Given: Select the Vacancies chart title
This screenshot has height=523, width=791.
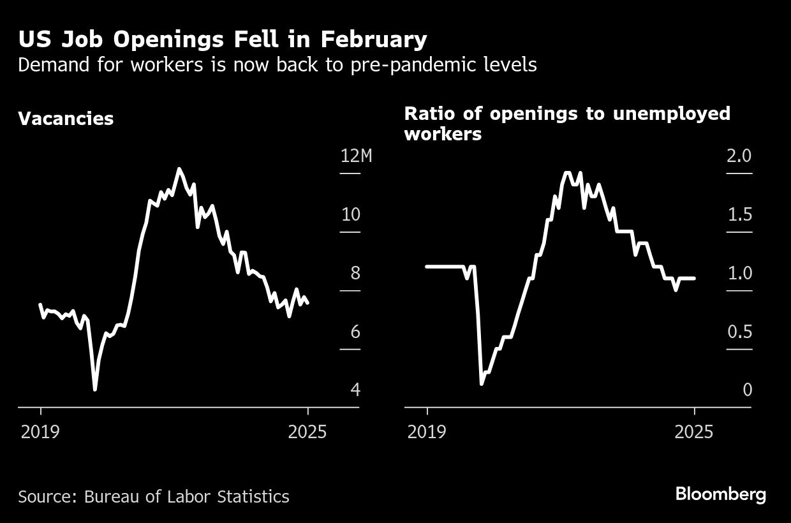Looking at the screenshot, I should pyautogui.click(x=66, y=119).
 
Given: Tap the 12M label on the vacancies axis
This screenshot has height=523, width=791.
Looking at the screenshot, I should pyautogui.click(x=356, y=156).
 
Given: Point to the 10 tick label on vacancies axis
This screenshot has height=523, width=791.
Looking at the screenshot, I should pyautogui.click(x=351, y=214).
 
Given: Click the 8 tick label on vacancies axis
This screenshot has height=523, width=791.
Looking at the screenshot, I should pyautogui.click(x=355, y=273).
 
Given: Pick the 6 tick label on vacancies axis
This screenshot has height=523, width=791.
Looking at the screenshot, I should pyautogui.click(x=355, y=332).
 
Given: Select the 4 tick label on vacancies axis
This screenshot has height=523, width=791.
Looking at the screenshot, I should pyautogui.click(x=355, y=390).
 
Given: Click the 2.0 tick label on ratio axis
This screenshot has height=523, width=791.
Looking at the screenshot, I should pyautogui.click(x=740, y=156).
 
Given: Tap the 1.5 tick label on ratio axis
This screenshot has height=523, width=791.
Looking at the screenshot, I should pyautogui.click(x=740, y=214).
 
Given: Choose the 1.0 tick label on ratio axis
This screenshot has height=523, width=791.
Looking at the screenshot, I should pyautogui.click(x=740, y=273).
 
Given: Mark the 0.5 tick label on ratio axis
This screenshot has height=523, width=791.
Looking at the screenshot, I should pyautogui.click(x=740, y=332).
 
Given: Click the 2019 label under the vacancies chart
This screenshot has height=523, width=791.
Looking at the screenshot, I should pyautogui.click(x=40, y=432).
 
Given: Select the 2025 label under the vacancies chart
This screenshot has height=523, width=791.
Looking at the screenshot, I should pyautogui.click(x=307, y=432).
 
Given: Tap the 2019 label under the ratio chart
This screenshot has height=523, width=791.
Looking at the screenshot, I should pyautogui.click(x=427, y=432).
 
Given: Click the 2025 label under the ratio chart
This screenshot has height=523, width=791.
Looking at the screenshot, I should pyautogui.click(x=694, y=432).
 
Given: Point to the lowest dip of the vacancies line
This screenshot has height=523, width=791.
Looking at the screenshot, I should pyautogui.click(x=95, y=388).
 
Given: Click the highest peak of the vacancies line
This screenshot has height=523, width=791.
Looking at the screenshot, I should pyautogui.click(x=179, y=169).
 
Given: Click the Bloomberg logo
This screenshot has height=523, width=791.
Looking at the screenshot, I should pyautogui.click(x=720, y=494).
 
